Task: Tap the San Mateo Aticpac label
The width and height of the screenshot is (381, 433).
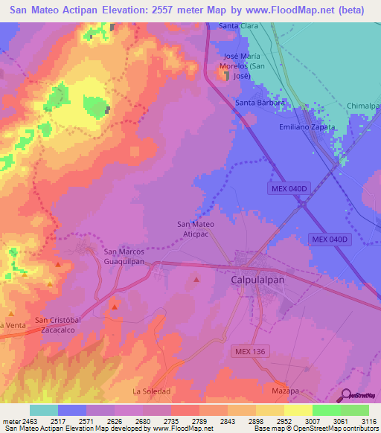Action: [x=196, y=228]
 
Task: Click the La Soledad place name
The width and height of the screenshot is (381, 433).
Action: [x=152, y=391]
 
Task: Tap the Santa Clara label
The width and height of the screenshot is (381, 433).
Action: [x=238, y=26]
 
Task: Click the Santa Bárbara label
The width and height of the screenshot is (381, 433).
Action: [x=260, y=103]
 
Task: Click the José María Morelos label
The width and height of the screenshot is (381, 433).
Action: [x=246, y=66]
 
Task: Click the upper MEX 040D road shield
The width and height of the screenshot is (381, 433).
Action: [x=287, y=189]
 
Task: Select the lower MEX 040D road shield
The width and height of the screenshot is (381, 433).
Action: [x=330, y=239]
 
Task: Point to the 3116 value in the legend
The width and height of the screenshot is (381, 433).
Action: [x=367, y=421]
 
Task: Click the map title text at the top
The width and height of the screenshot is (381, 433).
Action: [x=190, y=10]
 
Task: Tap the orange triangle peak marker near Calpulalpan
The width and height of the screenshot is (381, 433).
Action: [x=196, y=280]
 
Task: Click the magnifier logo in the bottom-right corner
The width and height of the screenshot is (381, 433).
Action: [x=345, y=396]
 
